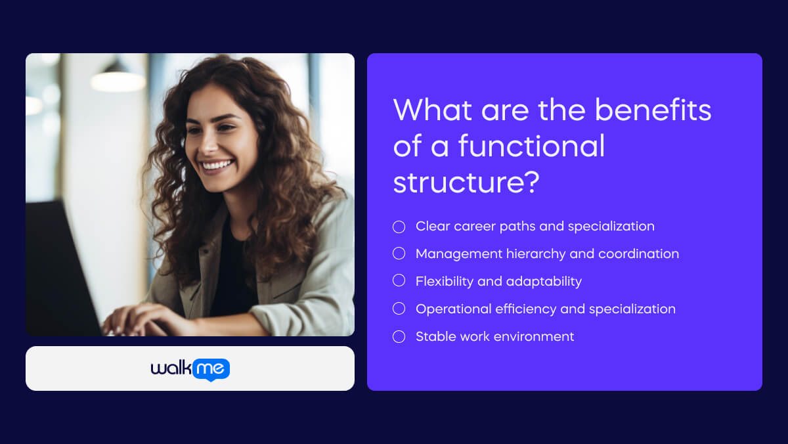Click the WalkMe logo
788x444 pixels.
coord(190,369)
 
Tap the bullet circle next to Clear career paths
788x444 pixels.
coord(399,227)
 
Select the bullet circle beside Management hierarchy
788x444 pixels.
coord(399,254)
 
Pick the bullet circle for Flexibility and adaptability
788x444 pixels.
coord(399,281)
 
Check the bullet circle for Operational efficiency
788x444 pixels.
coord(399,309)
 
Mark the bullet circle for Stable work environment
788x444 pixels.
coord(399,336)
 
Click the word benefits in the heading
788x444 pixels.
coord(653,110)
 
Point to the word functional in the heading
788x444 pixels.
coord(531,146)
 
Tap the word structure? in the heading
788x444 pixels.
coord(466,183)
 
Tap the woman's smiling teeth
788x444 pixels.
coord(217,164)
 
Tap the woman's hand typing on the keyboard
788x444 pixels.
coord(135,321)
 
